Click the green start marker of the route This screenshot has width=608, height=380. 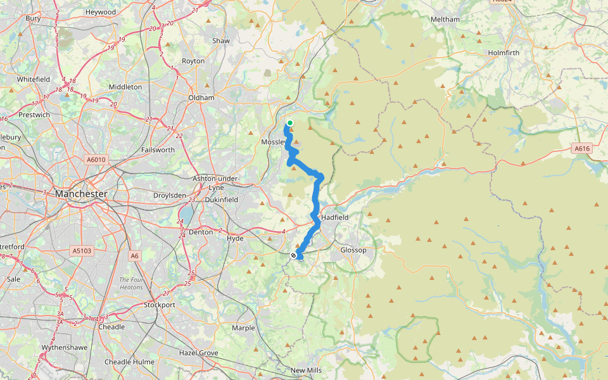click(290, 123)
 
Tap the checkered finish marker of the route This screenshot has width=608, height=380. click(294, 255)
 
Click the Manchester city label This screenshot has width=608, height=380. click(80, 194)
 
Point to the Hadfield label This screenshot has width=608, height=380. click(336, 217)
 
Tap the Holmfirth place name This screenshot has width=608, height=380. click(503, 53)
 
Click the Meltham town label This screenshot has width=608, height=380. click(445, 20)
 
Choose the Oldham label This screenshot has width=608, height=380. click(201, 98)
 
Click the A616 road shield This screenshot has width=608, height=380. click(582, 148)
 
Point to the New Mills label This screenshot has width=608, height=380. click(307, 370)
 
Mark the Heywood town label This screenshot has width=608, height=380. click(101, 12)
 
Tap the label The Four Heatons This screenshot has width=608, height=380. click(133, 283)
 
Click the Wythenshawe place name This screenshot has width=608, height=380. click(60, 348)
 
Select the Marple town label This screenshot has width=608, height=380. click(243, 328)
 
